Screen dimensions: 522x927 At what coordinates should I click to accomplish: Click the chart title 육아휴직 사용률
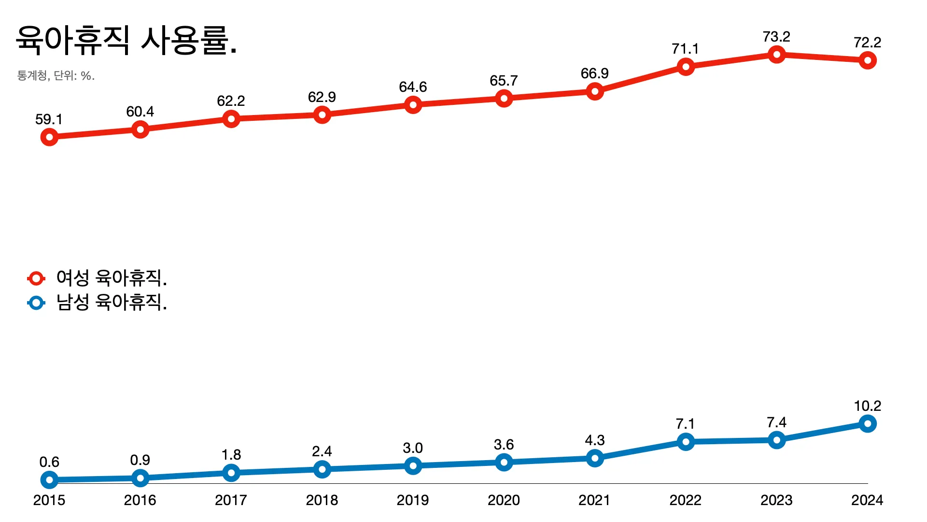coord(126,40)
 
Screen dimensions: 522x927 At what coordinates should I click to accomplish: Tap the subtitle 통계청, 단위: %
coord(56,76)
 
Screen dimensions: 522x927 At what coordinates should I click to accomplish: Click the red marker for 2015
coord(49,137)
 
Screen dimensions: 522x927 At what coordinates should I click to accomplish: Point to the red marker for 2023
coord(776,55)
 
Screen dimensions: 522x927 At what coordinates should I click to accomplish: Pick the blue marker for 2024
coord(867,424)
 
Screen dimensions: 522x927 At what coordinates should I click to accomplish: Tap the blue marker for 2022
coord(686,441)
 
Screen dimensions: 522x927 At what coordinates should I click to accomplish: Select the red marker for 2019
coord(413,105)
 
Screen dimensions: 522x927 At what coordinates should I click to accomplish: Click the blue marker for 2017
coord(231,472)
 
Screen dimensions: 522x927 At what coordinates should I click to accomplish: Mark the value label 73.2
coord(776,37)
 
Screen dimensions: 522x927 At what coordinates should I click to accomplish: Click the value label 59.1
coord(49,119)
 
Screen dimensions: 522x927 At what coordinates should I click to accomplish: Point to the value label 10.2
coord(867,406)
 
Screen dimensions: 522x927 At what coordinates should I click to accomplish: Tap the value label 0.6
coord(49,462)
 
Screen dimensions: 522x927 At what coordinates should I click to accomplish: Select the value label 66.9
coord(594,73)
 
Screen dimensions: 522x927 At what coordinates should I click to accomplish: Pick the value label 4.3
coord(594,440)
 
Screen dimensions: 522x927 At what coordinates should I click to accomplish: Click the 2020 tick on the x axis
coord(504,500)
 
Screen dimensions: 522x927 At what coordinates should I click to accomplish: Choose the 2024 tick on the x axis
coord(867,500)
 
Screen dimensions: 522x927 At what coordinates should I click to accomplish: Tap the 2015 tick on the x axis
coord(49,500)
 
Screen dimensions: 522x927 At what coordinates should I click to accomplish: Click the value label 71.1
coord(685,49)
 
